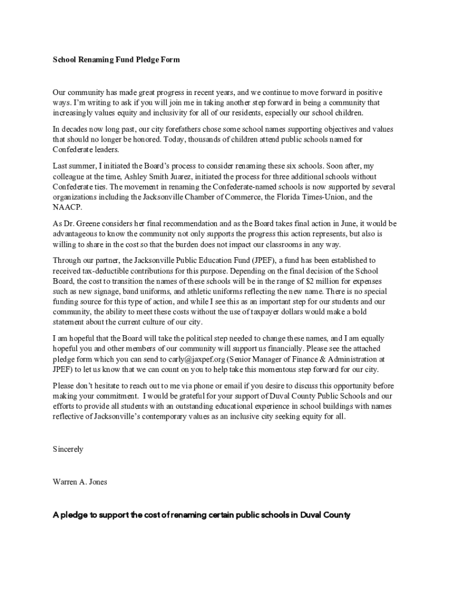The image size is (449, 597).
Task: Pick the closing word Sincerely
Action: coord(68,449)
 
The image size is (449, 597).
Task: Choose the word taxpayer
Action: coord(283,312)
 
